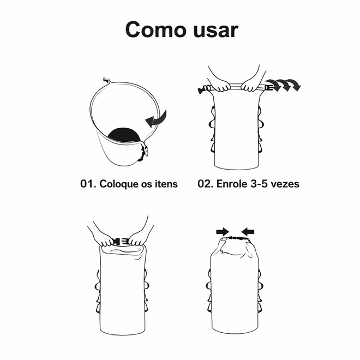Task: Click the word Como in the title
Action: (x=156, y=29)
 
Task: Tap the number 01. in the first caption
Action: (x=88, y=184)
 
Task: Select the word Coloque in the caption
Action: (x=119, y=184)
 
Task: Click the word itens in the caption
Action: (x=166, y=184)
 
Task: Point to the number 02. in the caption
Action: (x=206, y=184)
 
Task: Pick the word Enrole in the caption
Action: (x=232, y=184)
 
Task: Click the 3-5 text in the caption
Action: (x=259, y=184)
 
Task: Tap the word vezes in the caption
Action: (x=285, y=184)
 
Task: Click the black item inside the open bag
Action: (x=124, y=135)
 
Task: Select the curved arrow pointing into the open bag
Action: (x=156, y=119)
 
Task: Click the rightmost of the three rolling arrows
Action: (x=294, y=84)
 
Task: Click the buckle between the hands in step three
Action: (x=121, y=242)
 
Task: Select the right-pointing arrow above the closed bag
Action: (x=223, y=232)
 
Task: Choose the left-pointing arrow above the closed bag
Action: (x=248, y=232)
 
